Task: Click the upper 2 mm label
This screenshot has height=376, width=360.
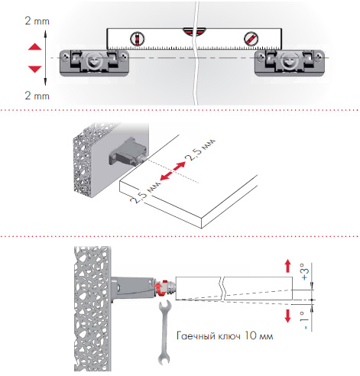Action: point(37,21)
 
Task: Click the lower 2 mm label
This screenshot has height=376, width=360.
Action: point(37,96)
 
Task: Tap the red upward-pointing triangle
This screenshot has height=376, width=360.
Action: point(34,47)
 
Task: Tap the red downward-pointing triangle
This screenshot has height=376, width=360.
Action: point(34,69)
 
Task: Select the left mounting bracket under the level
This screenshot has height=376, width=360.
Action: point(94,63)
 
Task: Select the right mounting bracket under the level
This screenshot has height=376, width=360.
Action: point(290,63)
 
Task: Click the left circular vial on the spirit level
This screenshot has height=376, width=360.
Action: point(138,39)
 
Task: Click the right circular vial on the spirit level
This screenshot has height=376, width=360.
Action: point(251,39)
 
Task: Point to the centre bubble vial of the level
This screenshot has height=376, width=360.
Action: point(194,31)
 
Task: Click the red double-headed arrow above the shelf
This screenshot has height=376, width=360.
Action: point(173,171)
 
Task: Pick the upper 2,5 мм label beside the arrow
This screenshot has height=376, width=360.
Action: point(201,150)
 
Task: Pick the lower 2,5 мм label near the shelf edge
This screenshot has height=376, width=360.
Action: point(145,192)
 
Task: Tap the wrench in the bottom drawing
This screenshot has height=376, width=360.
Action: point(164,332)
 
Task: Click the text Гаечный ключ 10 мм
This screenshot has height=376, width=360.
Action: point(225,335)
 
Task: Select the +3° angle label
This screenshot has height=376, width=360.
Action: point(305,271)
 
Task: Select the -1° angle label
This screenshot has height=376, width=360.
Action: point(305,320)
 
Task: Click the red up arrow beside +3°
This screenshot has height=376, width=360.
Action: point(288,266)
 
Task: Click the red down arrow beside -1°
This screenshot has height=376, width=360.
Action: point(288,316)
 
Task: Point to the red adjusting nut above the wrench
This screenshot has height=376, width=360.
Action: point(161,288)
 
